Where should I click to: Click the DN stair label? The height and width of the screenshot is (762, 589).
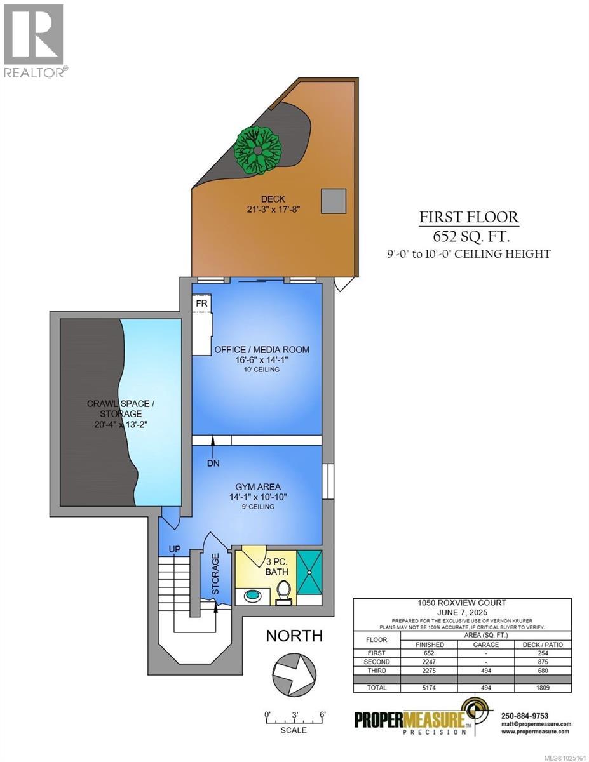coord(213,463)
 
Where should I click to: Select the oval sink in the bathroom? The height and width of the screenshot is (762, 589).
coord(250,598)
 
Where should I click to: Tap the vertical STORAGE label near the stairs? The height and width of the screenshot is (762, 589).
coord(215,573)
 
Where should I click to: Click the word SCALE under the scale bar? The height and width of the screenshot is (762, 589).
coord(293,730)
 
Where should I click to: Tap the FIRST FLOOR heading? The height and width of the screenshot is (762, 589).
coord(468,218)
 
